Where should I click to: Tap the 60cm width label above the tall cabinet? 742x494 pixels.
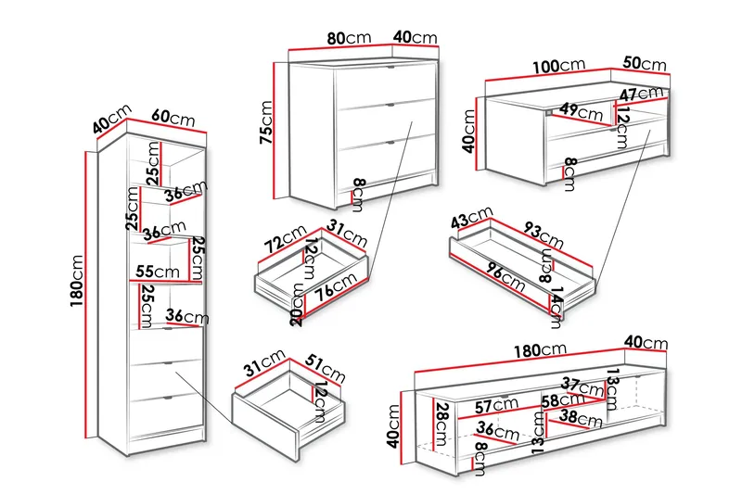click(x=173, y=119)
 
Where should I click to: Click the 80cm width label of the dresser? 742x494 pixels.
click(x=348, y=38)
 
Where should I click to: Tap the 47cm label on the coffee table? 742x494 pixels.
click(x=642, y=94)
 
